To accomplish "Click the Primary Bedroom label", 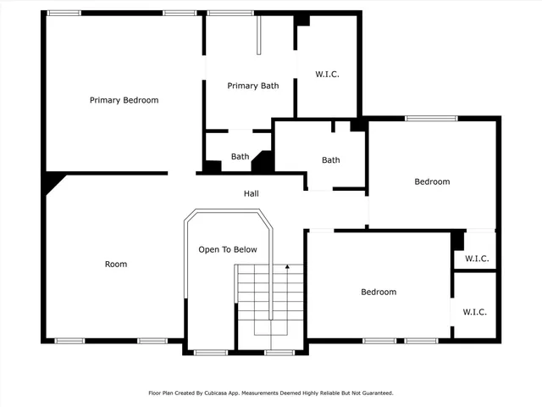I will pos(124,100).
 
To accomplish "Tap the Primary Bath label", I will pos(252,85).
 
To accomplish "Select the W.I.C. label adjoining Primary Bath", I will pos(327,75).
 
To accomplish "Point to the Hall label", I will pos(252,193).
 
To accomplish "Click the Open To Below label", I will pos(227,249).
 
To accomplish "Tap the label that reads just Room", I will pos(116,264).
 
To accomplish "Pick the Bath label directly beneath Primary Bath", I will pos(241,156).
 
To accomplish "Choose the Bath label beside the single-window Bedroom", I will pos(330,160).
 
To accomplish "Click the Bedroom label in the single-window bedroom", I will pos(432,181).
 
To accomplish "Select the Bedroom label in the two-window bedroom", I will pos(379,292).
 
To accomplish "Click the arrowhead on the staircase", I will pos(288,268).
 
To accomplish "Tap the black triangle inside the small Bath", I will pos(262,161).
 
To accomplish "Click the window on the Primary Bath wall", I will pos(224,13).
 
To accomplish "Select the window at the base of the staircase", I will pos(277,352).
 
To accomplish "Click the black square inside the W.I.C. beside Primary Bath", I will pos(302,20).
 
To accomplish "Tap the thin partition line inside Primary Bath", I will pos(259,34).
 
